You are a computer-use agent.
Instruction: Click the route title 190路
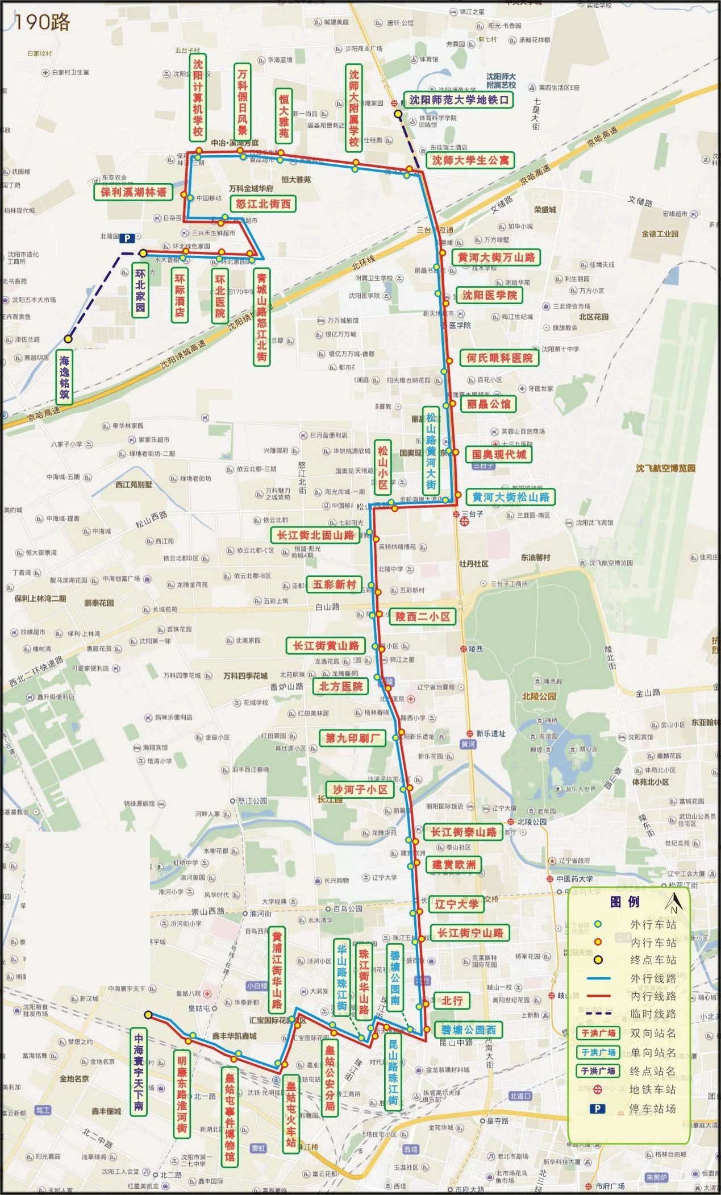(42, 22)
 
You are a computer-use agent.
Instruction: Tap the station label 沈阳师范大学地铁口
(459, 100)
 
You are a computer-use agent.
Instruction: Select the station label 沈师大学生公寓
(470, 160)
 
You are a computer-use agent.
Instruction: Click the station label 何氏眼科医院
(499, 358)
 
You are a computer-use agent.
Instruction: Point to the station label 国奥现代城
(499, 454)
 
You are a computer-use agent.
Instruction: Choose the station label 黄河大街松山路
(510, 497)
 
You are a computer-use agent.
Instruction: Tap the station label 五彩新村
(334, 584)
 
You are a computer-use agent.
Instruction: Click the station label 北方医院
(340, 686)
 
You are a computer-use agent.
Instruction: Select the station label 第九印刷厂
(352, 738)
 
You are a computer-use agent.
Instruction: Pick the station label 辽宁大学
(456, 904)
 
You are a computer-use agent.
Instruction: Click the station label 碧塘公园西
(468, 1030)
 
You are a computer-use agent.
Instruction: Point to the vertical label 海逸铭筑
(64, 376)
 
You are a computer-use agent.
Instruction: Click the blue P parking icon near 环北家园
(127, 239)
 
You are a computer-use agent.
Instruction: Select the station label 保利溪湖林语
(134, 192)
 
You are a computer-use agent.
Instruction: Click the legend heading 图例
(624, 902)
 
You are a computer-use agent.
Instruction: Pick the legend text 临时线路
(653, 1014)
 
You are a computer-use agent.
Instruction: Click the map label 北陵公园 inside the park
(539, 696)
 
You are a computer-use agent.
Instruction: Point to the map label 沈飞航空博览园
(665, 468)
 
